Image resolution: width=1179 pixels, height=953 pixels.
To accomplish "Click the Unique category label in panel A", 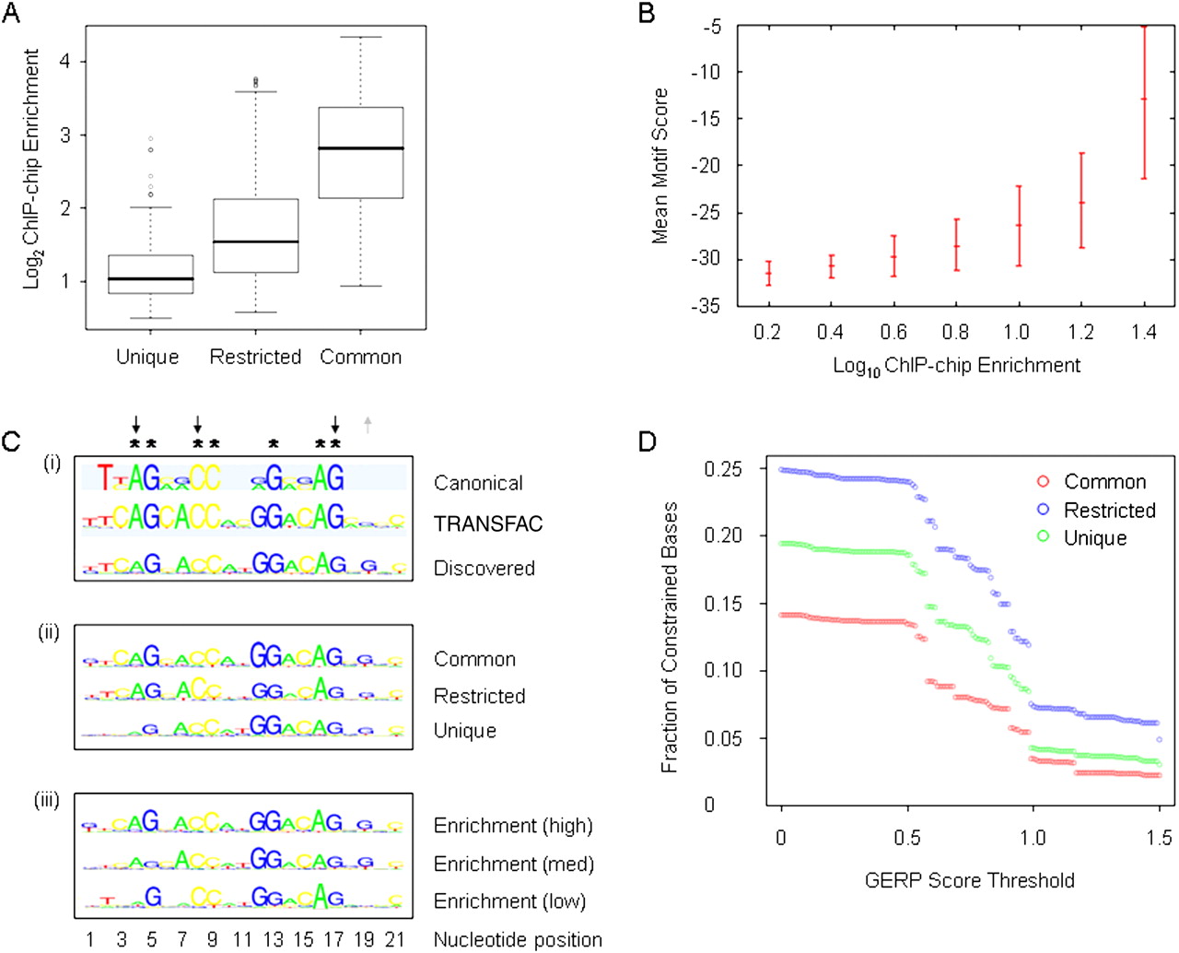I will point(147,358).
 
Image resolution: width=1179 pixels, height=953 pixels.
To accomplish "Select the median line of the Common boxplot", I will point(361,148).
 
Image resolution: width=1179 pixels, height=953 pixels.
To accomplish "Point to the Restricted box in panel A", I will point(256,235).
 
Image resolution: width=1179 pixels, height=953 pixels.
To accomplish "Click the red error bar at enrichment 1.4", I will point(1144,101).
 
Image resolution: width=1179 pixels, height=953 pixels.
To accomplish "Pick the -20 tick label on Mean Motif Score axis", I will point(707,166).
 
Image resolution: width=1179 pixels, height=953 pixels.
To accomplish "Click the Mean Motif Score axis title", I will point(660,166).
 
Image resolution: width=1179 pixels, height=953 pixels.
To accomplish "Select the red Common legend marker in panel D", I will point(1043,481).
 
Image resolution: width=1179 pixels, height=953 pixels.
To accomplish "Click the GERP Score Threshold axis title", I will point(969,880).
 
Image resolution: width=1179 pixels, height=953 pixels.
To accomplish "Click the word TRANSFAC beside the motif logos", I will point(488,524).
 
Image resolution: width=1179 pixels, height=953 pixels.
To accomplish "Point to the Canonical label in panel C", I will point(478,483).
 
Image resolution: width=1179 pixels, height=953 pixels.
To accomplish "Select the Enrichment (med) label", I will point(513,865).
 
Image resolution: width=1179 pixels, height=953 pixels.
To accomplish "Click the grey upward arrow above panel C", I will point(368,424).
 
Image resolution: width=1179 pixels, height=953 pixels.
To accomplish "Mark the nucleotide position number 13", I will point(273,939).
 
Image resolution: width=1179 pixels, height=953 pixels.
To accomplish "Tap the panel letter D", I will point(647,441).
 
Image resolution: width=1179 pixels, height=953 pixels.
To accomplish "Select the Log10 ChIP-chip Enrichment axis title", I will point(956,366).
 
